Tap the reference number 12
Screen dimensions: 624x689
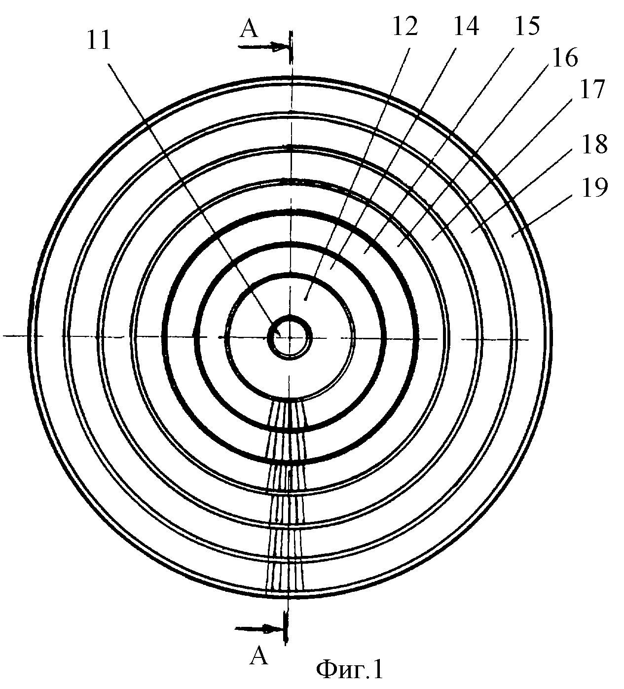point(405,25)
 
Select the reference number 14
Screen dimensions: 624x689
point(466,25)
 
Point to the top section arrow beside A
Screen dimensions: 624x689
point(264,46)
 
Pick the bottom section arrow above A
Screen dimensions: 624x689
point(259,629)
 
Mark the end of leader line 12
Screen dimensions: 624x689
point(305,300)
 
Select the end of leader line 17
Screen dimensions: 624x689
point(433,240)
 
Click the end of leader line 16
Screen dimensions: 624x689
point(398,246)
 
